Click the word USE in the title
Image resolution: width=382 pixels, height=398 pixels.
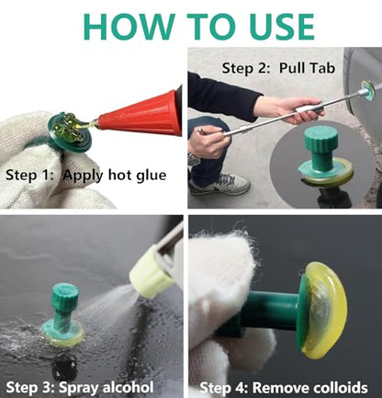coord(282,26)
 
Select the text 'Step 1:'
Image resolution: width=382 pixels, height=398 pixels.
coord(29,175)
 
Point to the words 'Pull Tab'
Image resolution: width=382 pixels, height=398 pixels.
coord(307,68)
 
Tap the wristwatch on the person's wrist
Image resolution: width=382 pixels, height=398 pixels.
coord(194,160)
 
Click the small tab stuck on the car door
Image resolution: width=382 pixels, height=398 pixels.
coord(368,90)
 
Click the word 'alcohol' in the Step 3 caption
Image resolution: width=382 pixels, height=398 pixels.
coord(128,387)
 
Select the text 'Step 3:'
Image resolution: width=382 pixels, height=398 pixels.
coord(30,387)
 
